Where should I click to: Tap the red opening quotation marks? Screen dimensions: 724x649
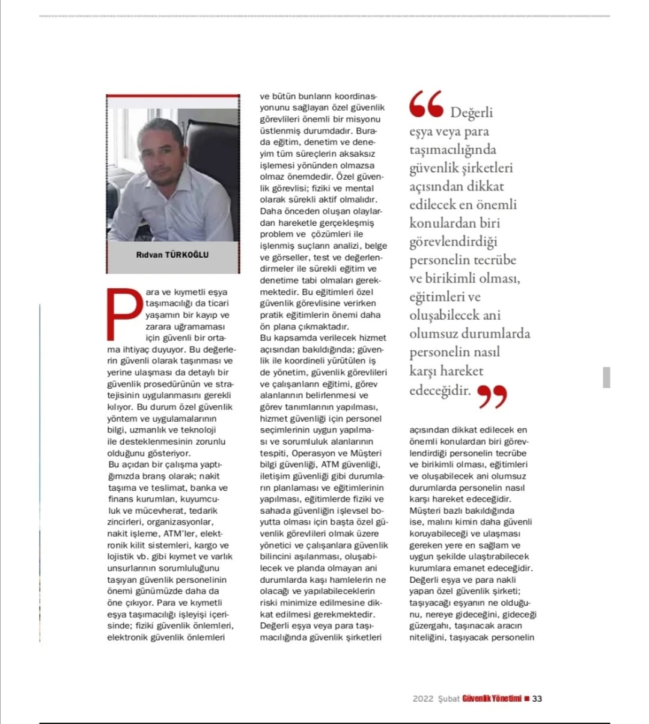(x=426, y=105)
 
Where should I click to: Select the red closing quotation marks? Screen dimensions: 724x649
(x=492, y=397)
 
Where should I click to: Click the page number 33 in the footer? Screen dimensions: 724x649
(x=537, y=699)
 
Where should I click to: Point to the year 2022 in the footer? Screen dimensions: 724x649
(x=423, y=699)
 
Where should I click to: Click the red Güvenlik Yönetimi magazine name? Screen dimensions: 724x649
(x=492, y=699)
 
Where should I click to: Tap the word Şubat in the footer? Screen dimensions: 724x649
(x=449, y=699)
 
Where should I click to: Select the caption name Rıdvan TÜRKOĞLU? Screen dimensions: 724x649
(x=172, y=255)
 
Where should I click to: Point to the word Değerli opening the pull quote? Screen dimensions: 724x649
(x=471, y=113)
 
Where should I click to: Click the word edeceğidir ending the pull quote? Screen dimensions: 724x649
(x=440, y=391)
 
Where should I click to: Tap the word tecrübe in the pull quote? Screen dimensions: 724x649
(x=492, y=260)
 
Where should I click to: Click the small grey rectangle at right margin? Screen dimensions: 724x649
(x=606, y=377)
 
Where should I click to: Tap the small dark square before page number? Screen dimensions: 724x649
(x=527, y=699)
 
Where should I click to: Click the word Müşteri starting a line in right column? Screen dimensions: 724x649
(x=425, y=511)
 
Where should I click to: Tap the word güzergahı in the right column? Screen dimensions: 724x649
(x=428, y=626)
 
